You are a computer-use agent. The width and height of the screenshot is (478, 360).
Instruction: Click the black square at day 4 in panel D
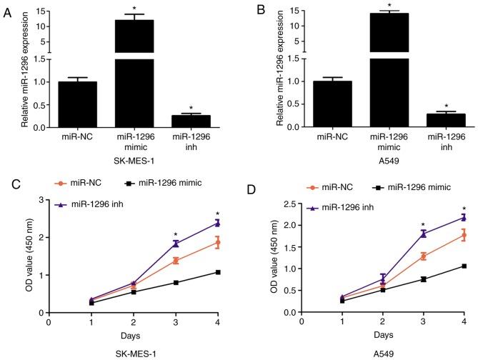(x=464, y=266)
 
